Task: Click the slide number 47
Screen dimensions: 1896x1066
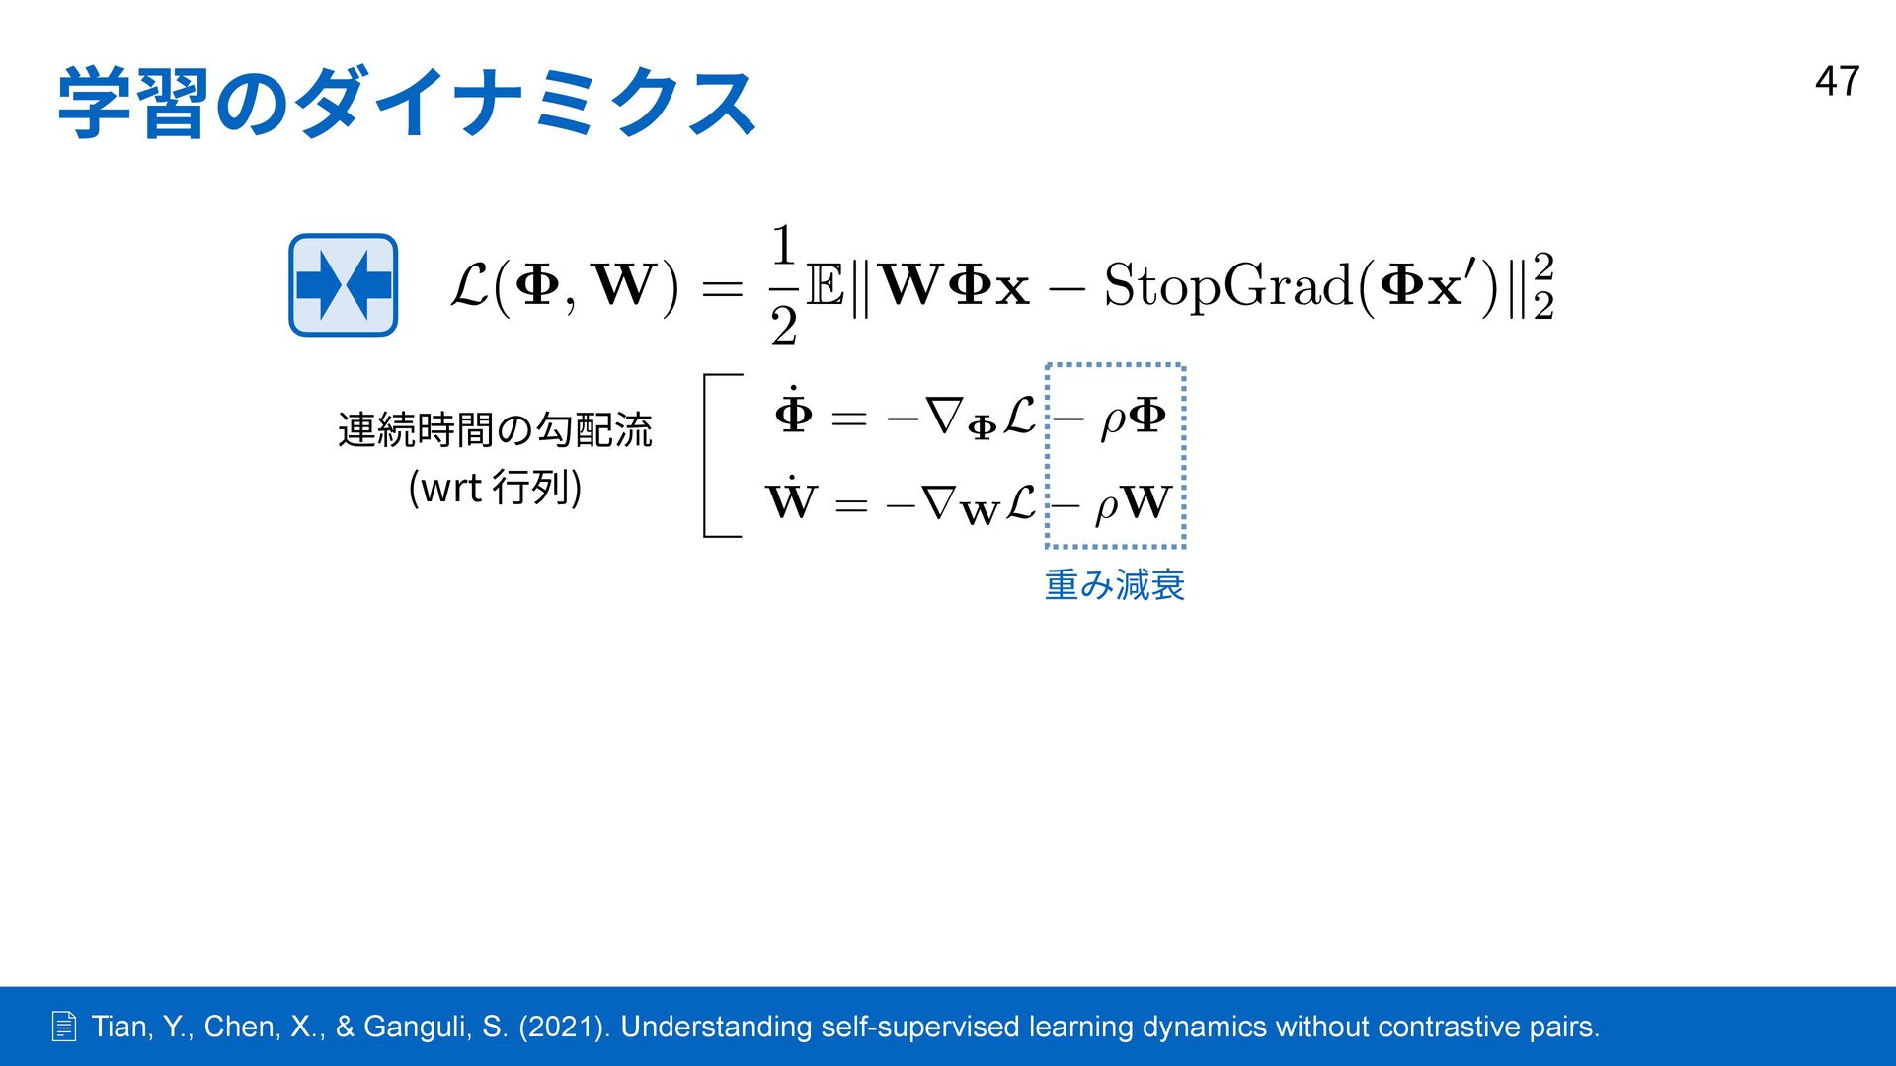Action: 1837,81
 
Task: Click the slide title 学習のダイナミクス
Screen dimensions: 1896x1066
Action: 407,104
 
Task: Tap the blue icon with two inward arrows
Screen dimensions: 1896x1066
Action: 343,285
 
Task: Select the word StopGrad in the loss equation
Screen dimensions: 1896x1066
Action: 1227,286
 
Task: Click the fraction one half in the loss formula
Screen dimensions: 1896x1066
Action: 783,285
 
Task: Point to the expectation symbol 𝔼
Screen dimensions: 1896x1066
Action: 825,286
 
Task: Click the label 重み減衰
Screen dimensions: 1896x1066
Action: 1114,585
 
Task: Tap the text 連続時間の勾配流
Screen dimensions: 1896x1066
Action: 495,430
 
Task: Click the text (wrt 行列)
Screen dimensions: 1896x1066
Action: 495,488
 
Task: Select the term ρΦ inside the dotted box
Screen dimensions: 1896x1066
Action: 1134,417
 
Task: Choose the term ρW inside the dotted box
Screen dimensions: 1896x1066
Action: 1134,503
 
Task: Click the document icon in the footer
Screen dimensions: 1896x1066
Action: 64,1028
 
